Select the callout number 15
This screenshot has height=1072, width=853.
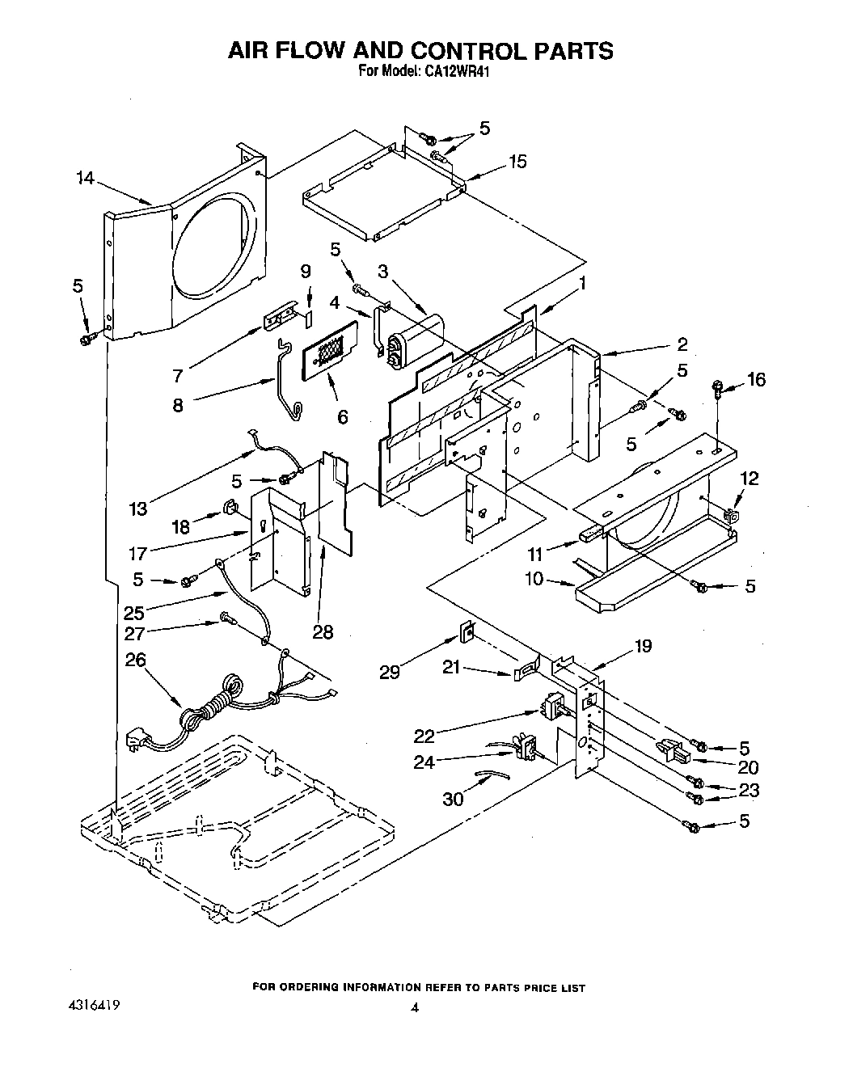click(517, 162)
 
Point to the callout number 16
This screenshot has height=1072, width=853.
click(755, 379)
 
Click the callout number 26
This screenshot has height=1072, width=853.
click(136, 660)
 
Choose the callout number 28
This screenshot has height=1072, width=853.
click(322, 632)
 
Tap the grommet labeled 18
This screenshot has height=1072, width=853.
click(229, 509)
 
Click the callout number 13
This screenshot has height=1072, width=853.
click(138, 508)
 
